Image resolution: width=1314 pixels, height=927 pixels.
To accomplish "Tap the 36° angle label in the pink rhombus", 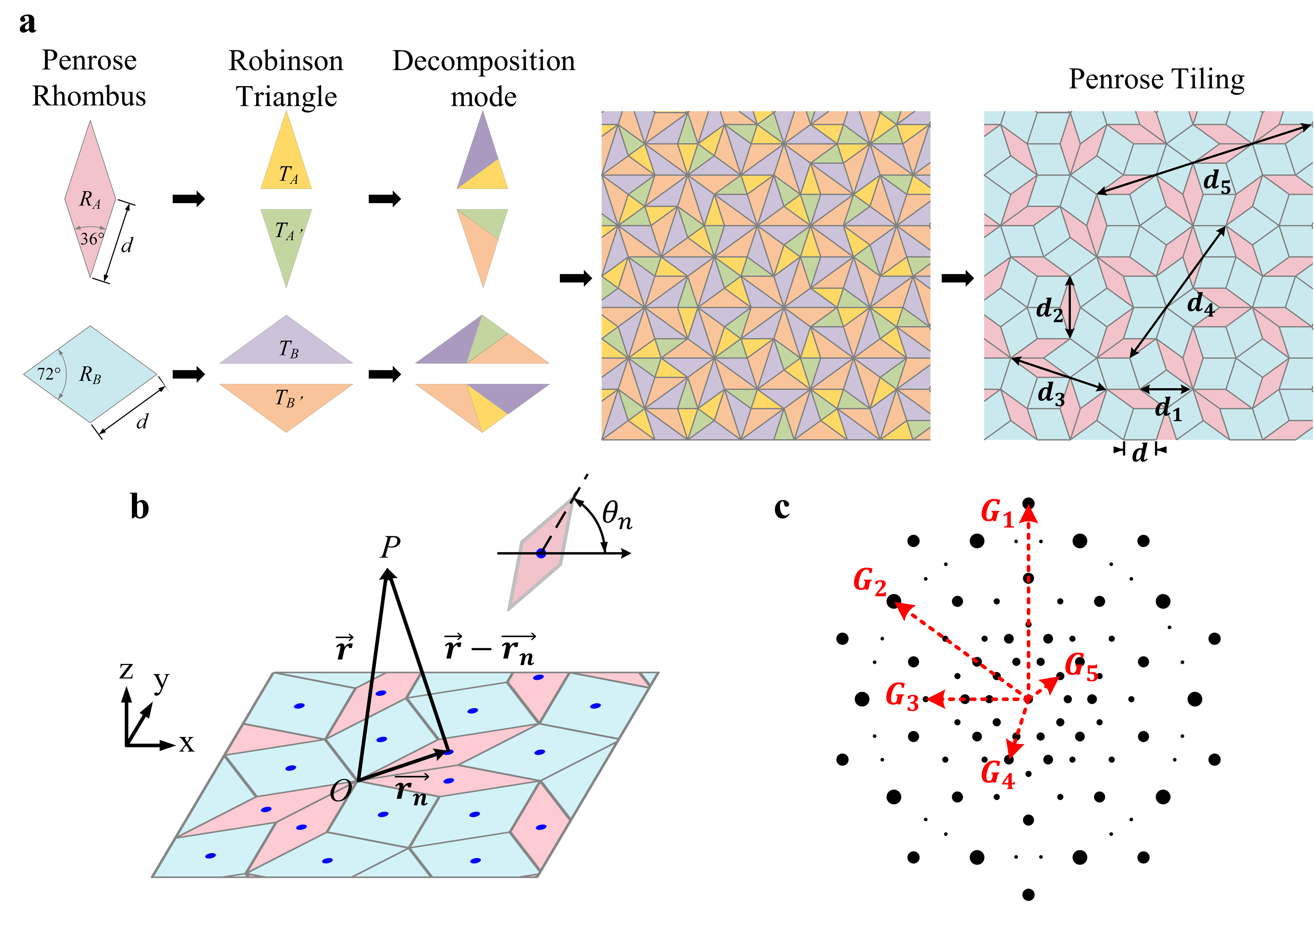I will [92, 238].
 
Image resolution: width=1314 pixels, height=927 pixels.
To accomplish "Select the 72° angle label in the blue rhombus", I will [49, 374].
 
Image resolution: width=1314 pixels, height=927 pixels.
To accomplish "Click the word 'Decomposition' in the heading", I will [484, 61].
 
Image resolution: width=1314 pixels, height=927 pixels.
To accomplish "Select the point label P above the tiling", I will [390, 548].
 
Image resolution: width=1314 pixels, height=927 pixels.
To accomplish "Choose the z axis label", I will [127, 671].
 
